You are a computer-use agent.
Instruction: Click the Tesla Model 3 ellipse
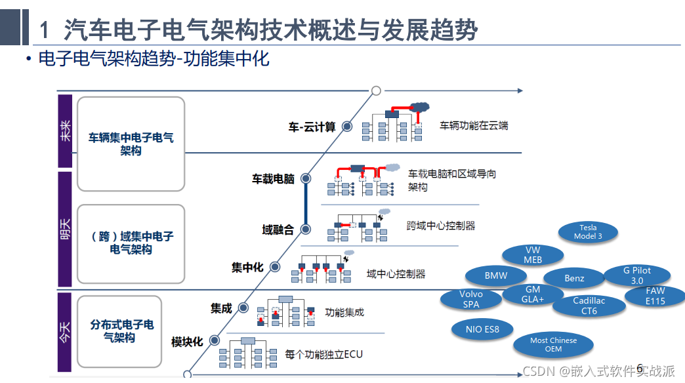(588, 232)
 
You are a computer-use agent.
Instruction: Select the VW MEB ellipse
(533, 255)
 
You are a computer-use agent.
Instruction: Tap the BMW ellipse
(496, 276)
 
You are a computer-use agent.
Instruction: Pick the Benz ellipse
(574, 278)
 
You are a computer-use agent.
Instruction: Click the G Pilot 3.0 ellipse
(637, 275)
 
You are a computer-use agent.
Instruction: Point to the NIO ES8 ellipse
(483, 329)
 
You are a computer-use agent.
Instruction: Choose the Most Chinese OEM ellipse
(553, 344)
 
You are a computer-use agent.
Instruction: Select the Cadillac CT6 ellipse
(589, 306)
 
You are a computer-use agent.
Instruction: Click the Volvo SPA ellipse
(471, 299)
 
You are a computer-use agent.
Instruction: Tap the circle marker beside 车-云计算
(346, 127)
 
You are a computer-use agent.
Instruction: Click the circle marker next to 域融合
(305, 230)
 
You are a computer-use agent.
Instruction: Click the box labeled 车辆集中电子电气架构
(131, 144)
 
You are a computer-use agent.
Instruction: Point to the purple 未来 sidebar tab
(65, 131)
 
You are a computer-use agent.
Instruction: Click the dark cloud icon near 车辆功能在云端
(419, 107)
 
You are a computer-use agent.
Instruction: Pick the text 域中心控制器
(396, 274)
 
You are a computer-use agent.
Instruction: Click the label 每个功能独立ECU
(324, 355)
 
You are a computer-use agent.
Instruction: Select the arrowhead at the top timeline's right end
(519, 91)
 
